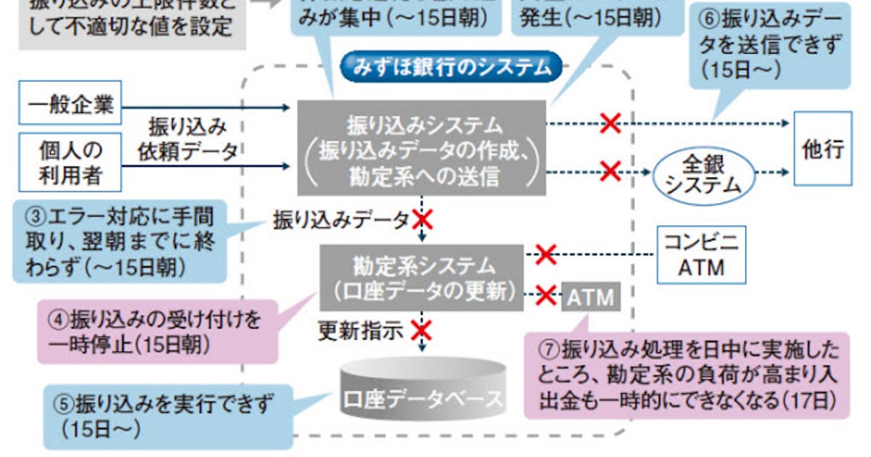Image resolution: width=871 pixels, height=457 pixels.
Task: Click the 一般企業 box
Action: (71, 106)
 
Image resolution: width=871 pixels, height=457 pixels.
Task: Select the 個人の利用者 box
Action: (70, 162)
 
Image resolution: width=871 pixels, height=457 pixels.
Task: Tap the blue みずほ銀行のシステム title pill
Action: (452, 68)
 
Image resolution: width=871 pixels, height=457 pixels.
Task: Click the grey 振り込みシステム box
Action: (421, 148)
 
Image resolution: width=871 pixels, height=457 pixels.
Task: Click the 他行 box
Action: (822, 149)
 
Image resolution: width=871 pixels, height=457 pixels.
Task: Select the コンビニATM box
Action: (700, 256)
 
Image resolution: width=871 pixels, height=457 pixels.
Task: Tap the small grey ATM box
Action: (590, 297)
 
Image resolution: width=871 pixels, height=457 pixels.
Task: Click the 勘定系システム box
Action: (422, 278)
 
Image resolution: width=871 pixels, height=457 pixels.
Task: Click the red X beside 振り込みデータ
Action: (422, 219)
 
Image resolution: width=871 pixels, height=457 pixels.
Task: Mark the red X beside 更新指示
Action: (420, 330)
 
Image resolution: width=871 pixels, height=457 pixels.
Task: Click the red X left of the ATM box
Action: (546, 295)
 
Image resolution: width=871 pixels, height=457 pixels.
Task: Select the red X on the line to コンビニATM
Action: (545, 254)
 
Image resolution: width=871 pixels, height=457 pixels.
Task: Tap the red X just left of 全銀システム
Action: (610, 172)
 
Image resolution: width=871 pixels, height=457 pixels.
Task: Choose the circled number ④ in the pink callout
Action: (60, 320)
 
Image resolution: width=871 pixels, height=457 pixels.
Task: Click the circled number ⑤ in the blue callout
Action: (65, 404)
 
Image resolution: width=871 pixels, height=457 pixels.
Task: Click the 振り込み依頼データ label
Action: (188, 139)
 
